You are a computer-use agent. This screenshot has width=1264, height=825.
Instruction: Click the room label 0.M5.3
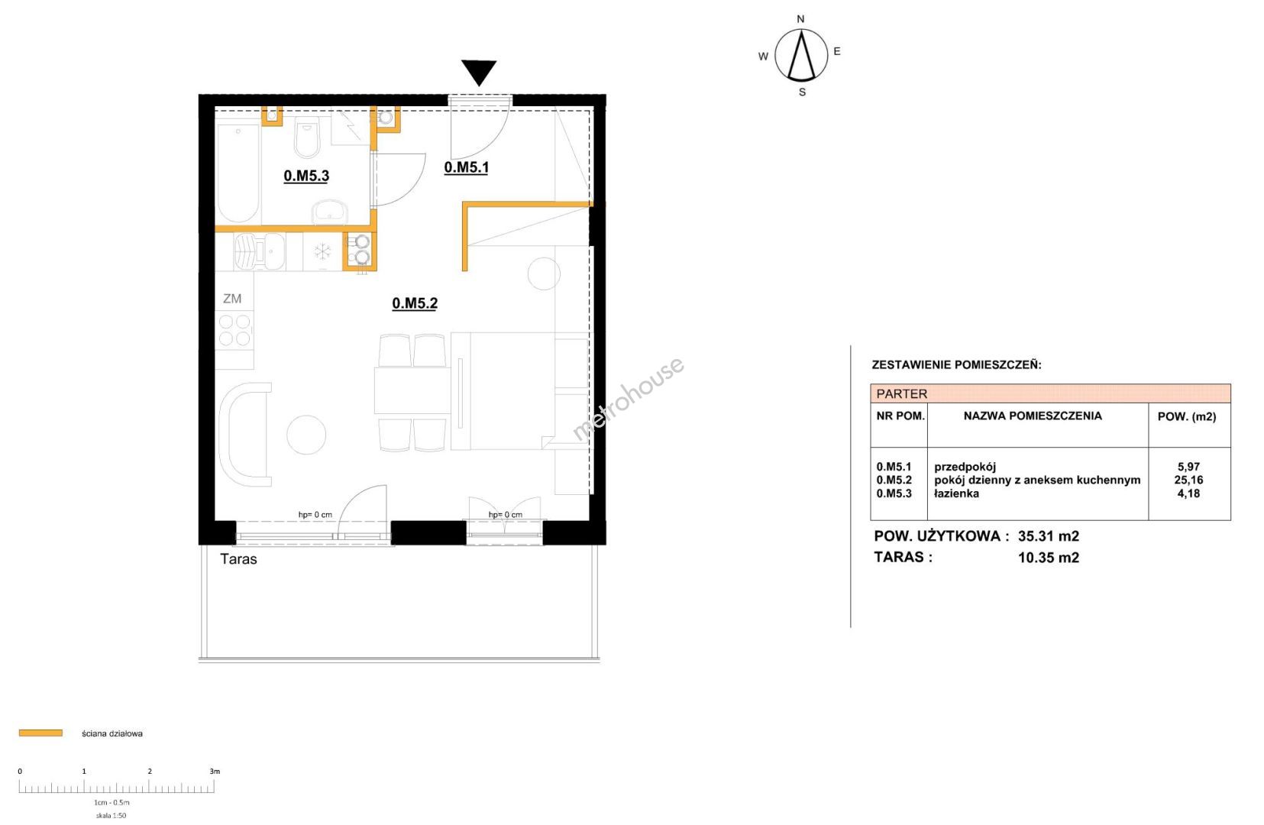[305, 176]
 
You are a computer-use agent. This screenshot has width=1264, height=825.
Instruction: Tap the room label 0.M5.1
[466, 167]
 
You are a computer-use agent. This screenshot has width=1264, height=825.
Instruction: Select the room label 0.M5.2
[415, 303]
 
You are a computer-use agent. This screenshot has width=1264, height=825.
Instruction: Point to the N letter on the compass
[800, 19]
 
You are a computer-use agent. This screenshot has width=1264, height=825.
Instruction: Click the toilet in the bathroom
[306, 137]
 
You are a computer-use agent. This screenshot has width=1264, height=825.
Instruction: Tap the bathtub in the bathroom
[238, 173]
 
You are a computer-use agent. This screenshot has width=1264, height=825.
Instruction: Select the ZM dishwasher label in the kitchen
[232, 299]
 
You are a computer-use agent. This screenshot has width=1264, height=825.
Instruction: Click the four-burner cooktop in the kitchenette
[234, 330]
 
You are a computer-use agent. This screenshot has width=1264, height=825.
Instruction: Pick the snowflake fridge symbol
[322, 251]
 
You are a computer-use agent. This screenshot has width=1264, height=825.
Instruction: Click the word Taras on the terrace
[238, 559]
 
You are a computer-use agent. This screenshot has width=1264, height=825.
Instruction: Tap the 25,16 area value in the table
[1188, 480]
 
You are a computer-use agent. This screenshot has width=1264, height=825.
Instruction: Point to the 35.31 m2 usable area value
[1049, 536]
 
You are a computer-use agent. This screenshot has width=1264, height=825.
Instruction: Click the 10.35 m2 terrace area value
[1049, 558]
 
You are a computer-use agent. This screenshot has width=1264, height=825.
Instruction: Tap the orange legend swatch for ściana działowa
[40, 733]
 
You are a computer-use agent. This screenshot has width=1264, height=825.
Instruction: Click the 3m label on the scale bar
[215, 771]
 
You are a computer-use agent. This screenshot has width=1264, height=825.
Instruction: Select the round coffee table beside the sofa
[306, 435]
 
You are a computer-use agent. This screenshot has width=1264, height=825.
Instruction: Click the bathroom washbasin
[331, 212]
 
